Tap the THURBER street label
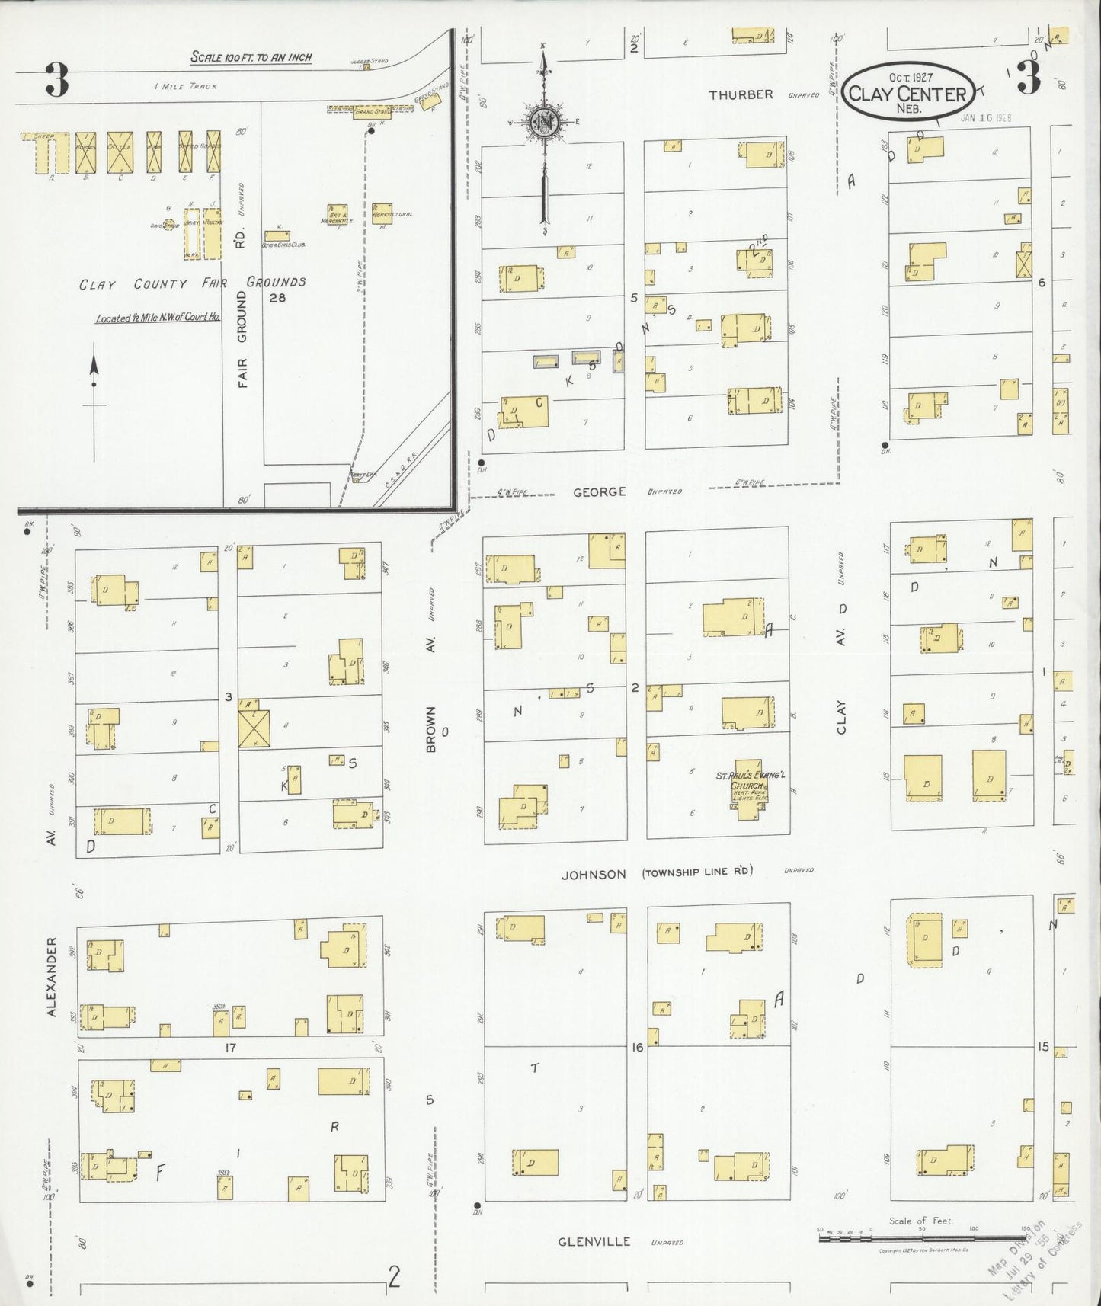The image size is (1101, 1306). click(741, 94)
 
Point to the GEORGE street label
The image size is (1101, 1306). click(600, 492)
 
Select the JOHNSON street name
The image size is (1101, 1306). click(594, 875)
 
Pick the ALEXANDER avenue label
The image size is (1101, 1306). click(52, 976)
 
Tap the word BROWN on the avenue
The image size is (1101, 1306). click(431, 729)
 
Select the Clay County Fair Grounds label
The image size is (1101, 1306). click(193, 283)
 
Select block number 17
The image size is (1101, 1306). click(230, 1048)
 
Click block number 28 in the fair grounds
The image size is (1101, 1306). click(277, 298)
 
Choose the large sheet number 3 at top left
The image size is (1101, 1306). click(56, 81)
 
